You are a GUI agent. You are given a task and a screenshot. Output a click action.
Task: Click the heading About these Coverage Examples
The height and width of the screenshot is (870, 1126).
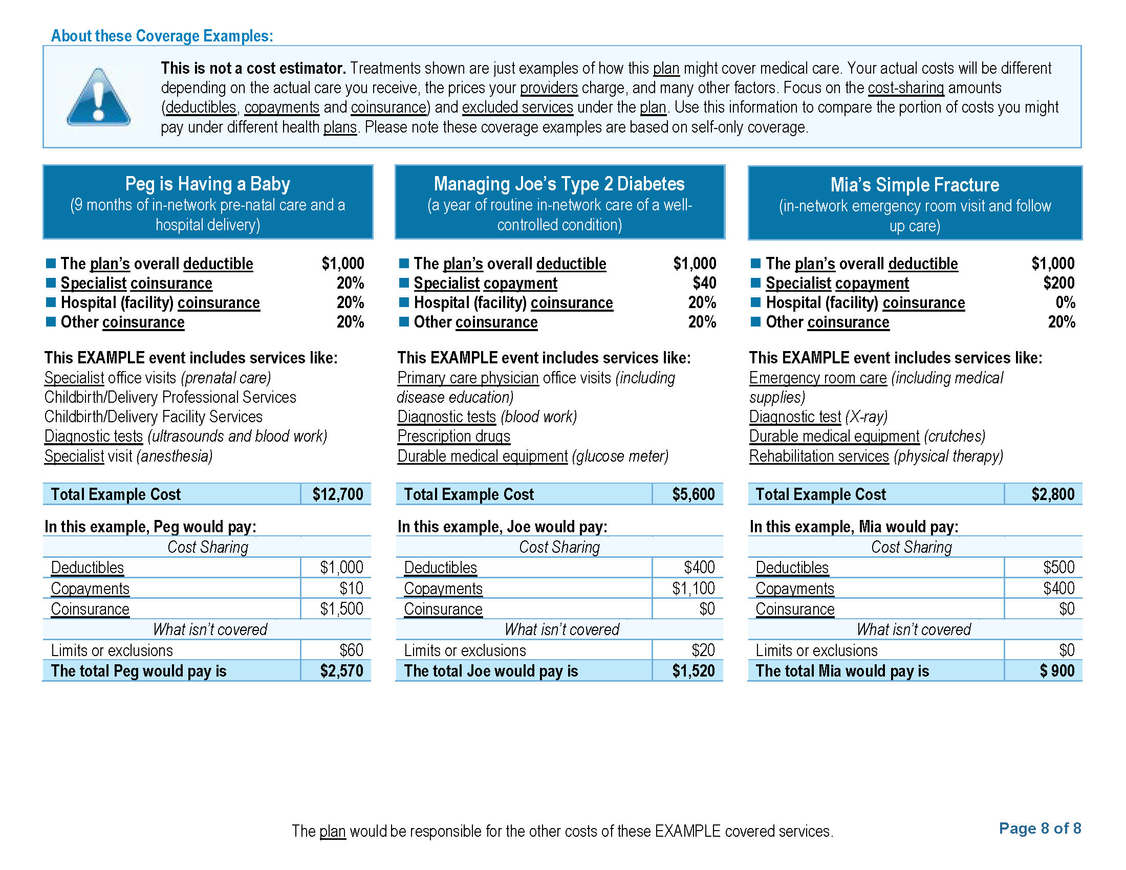162,36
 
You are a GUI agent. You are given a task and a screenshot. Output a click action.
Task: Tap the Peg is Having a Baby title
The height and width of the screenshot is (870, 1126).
207,184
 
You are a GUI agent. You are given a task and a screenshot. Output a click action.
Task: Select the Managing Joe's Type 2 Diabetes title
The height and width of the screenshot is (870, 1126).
559,184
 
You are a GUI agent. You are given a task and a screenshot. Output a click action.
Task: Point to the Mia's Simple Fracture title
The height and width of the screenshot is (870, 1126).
914,185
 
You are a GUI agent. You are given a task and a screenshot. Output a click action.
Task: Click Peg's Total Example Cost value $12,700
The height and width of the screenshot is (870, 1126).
338,494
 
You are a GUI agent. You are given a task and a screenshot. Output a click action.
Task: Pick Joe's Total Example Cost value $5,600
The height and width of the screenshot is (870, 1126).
693,494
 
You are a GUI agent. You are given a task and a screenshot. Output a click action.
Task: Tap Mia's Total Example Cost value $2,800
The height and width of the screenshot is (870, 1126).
1052,494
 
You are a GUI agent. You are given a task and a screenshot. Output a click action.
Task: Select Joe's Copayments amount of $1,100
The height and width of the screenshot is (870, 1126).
693,589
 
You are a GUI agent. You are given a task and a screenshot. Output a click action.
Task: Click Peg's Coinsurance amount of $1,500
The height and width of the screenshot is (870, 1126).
341,609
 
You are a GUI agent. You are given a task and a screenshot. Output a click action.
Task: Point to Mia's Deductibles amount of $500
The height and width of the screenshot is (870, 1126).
1058,568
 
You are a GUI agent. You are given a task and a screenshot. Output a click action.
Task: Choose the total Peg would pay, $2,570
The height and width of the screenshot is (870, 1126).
341,671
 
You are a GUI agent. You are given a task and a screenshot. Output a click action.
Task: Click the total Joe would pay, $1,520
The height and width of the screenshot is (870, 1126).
693,671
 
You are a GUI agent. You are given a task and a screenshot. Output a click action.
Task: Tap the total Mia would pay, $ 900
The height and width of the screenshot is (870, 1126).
1056,671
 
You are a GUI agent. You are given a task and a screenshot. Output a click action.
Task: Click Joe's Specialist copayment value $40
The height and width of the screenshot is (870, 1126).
704,283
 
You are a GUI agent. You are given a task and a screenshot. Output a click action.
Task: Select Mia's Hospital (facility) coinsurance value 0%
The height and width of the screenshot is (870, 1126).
1065,302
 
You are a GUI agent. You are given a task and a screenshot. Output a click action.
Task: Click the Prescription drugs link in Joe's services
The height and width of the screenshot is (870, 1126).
453,437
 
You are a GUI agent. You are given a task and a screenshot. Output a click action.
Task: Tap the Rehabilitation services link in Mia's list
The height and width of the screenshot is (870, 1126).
819,456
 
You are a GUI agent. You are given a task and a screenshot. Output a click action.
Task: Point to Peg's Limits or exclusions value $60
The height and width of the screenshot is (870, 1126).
351,650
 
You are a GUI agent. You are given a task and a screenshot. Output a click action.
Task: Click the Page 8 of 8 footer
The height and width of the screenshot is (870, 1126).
1040,828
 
